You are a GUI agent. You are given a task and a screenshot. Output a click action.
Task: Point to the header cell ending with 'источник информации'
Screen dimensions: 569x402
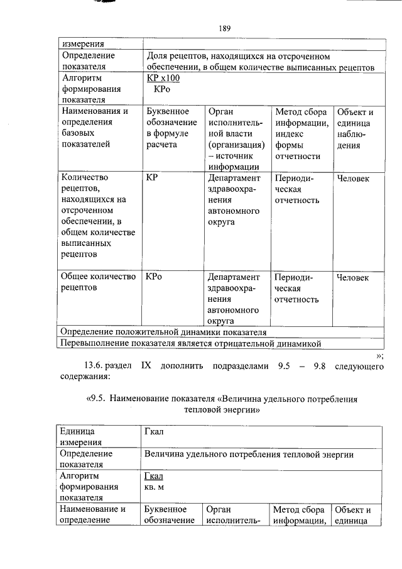point(236,139)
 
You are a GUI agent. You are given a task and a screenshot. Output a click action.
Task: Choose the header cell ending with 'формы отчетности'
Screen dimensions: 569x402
point(301,134)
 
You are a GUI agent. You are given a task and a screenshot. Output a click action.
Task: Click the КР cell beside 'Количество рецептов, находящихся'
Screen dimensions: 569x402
point(151,179)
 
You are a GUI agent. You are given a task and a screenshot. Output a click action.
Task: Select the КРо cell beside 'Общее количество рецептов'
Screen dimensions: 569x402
point(154,277)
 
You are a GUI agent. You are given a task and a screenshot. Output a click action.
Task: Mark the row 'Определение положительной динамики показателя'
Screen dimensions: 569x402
point(163,331)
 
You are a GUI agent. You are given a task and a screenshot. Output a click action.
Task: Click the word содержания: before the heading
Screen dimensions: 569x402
point(84,377)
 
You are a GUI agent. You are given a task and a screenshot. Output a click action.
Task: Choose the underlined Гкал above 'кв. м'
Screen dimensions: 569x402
point(153,477)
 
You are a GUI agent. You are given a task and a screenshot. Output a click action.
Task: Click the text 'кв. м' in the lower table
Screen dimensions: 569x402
point(153,488)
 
